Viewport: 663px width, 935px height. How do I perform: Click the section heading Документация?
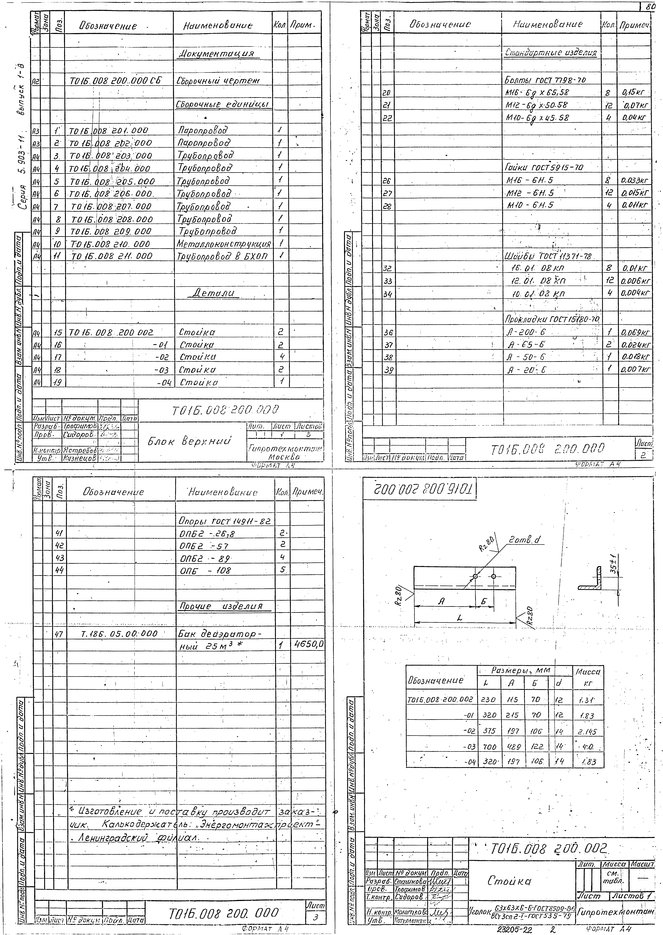pos(219,54)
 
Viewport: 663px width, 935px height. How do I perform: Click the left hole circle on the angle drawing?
pos(475,576)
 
